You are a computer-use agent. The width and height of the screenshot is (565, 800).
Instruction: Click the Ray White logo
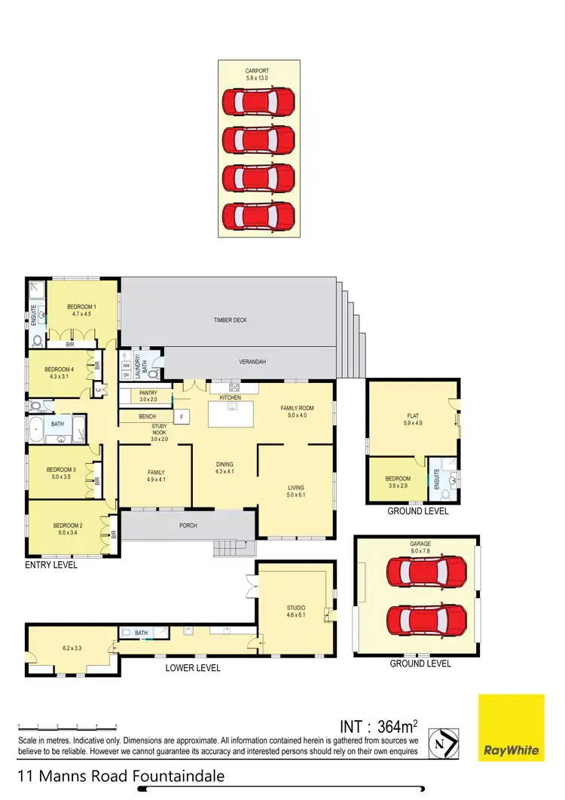(511, 728)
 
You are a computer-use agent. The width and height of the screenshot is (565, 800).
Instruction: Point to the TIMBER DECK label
(230, 320)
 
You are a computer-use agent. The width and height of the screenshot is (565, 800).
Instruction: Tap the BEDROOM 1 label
(80, 306)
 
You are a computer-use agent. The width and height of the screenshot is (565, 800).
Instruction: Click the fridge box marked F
(181, 416)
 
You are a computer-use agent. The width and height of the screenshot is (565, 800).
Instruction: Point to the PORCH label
(188, 526)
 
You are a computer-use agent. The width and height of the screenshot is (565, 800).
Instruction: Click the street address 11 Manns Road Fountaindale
(121, 776)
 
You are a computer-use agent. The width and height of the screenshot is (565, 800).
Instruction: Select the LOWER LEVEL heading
(193, 668)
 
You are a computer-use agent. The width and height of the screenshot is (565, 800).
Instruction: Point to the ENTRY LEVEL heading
(51, 564)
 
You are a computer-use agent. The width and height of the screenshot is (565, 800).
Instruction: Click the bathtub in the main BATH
(38, 434)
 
